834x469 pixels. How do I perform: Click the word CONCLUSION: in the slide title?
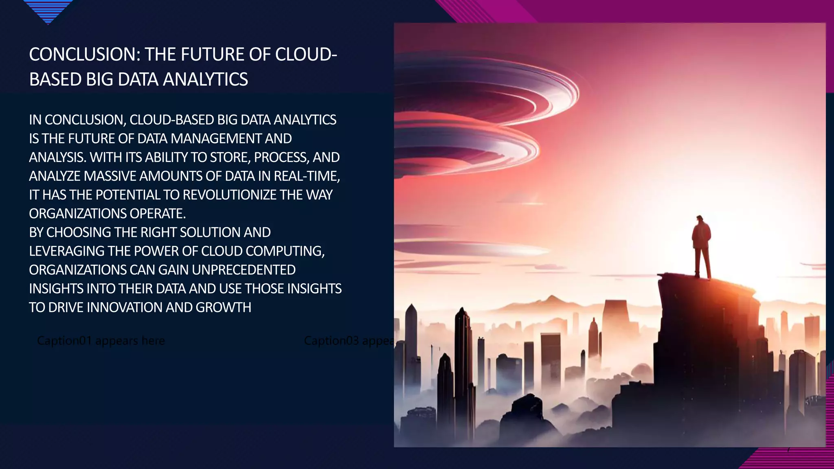tap(84, 55)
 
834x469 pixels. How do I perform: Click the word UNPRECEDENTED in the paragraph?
tap(244, 270)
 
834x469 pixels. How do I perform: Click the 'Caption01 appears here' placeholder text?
tap(101, 340)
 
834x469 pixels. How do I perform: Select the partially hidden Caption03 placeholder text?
tap(349, 340)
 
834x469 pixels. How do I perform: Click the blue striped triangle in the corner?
tap(48, 10)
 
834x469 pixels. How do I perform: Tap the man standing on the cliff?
tap(701, 246)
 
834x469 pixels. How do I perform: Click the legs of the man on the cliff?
tap(702, 263)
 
